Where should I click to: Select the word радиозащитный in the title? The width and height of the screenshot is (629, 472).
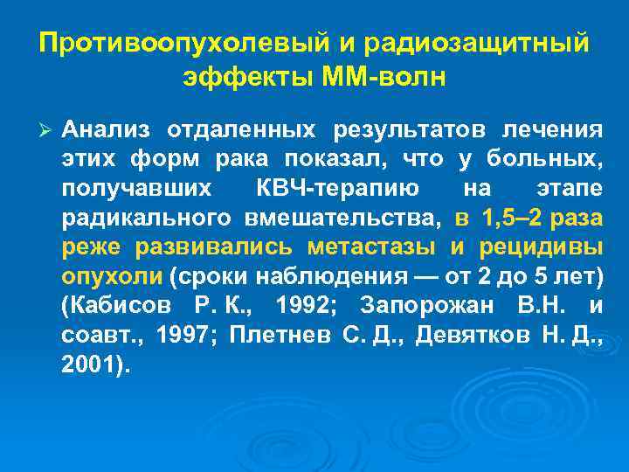point(477,43)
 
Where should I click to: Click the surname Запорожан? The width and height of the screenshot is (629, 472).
point(426,308)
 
